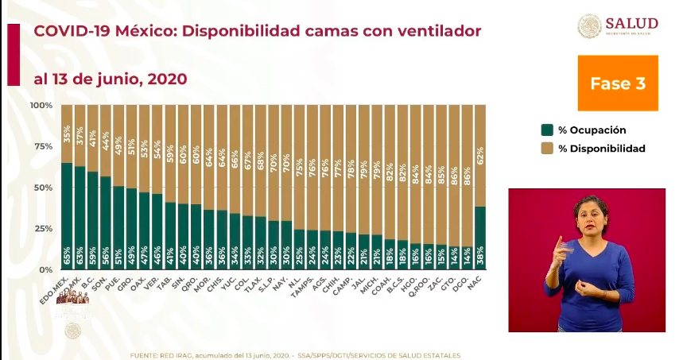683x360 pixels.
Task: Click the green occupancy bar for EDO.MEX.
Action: pyautogui.click(x=67, y=215)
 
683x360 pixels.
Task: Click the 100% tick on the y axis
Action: pyautogui.click(x=41, y=105)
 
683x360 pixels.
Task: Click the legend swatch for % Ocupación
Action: pyautogui.click(x=546, y=130)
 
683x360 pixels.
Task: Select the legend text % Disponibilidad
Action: pyautogui.click(x=602, y=149)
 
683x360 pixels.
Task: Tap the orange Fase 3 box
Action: pyautogui.click(x=618, y=83)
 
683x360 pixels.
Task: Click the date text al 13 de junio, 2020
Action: pyautogui.click(x=110, y=79)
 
